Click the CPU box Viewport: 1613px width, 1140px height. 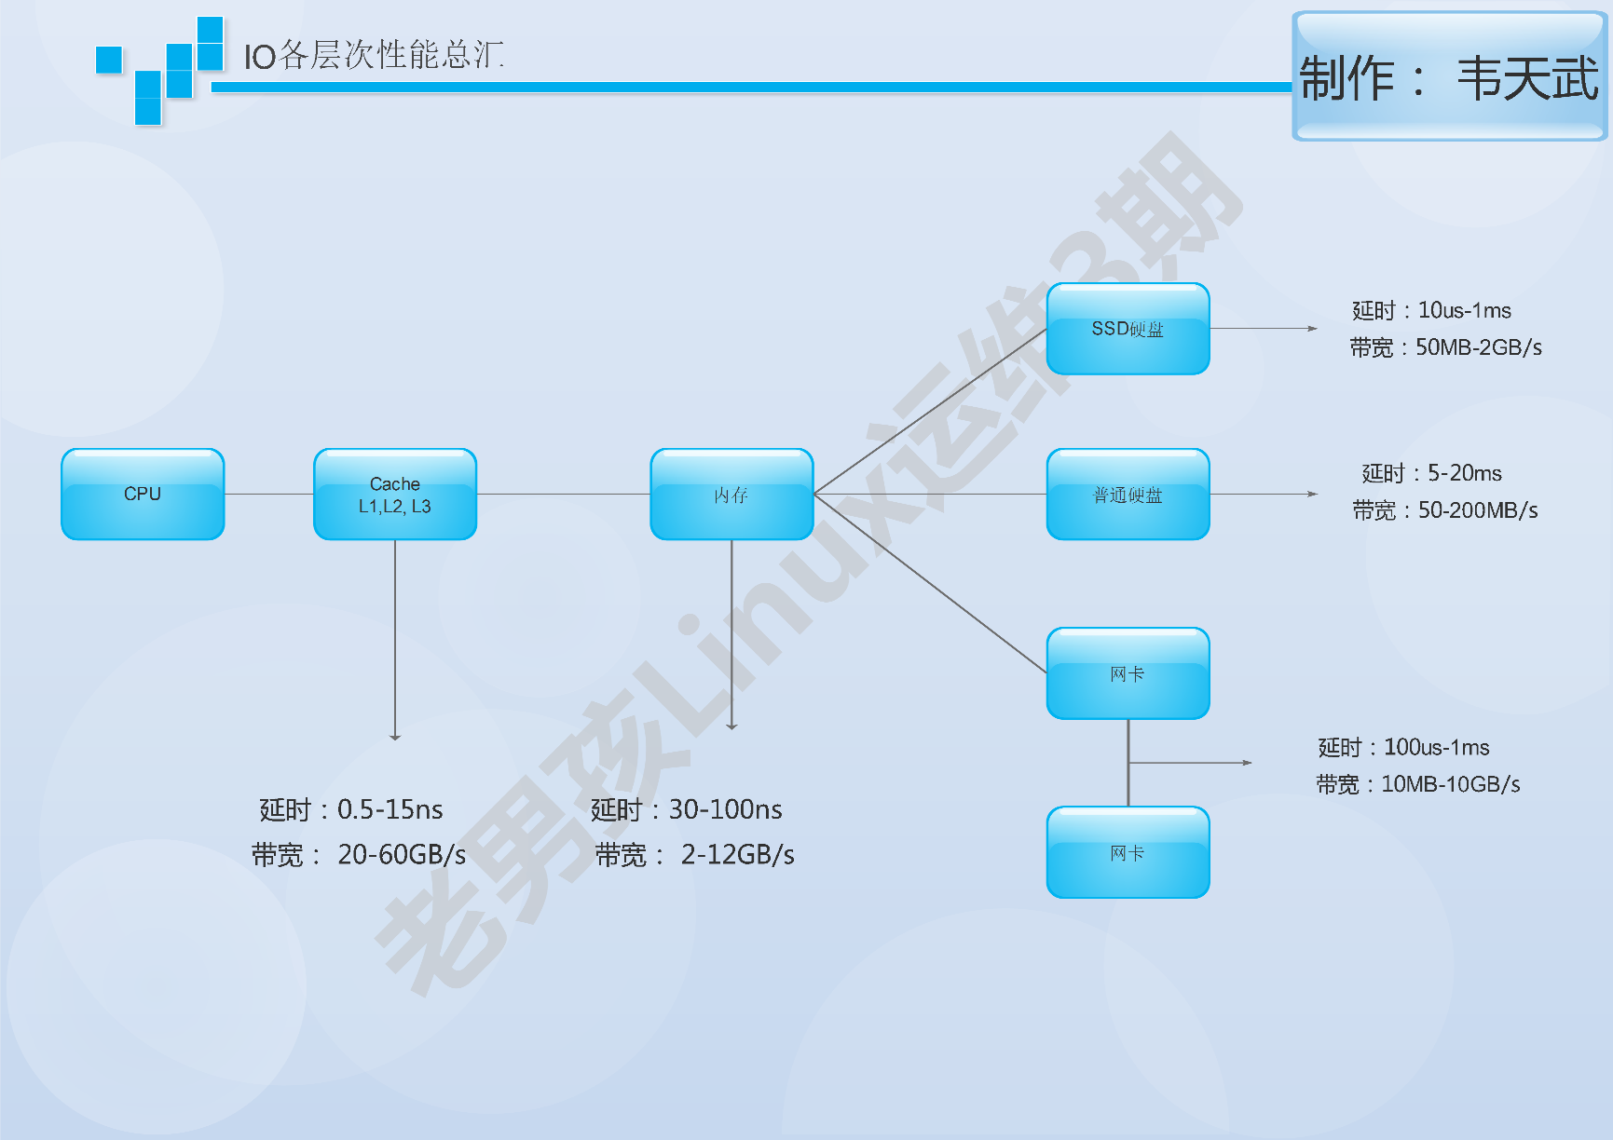point(143,494)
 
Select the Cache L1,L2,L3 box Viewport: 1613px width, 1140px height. point(395,495)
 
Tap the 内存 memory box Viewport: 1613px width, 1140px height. point(731,495)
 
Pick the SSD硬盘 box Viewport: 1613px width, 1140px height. point(1128,329)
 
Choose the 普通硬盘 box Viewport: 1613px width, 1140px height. point(1128,495)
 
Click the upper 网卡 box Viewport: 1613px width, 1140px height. point(1128,673)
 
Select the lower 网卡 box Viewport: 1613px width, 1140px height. point(1128,852)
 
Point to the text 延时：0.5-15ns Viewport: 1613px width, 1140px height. point(351,809)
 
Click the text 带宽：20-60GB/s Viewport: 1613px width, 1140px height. point(359,854)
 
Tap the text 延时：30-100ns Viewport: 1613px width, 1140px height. point(687,809)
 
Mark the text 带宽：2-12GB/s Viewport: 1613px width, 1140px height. point(695,854)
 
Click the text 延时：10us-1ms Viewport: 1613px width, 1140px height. point(1431,310)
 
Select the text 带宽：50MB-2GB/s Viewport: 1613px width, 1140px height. point(1445,347)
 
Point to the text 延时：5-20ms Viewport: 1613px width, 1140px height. point(1431,473)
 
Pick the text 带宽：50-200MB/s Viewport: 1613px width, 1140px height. point(1445,510)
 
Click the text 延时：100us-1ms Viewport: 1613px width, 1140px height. point(1403,747)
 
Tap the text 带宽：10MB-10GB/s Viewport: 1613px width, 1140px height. point(1417,784)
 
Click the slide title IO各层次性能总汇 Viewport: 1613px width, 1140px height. point(374,56)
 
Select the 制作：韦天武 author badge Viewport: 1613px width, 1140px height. point(1449,77)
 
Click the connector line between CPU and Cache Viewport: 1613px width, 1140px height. point(269,494)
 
